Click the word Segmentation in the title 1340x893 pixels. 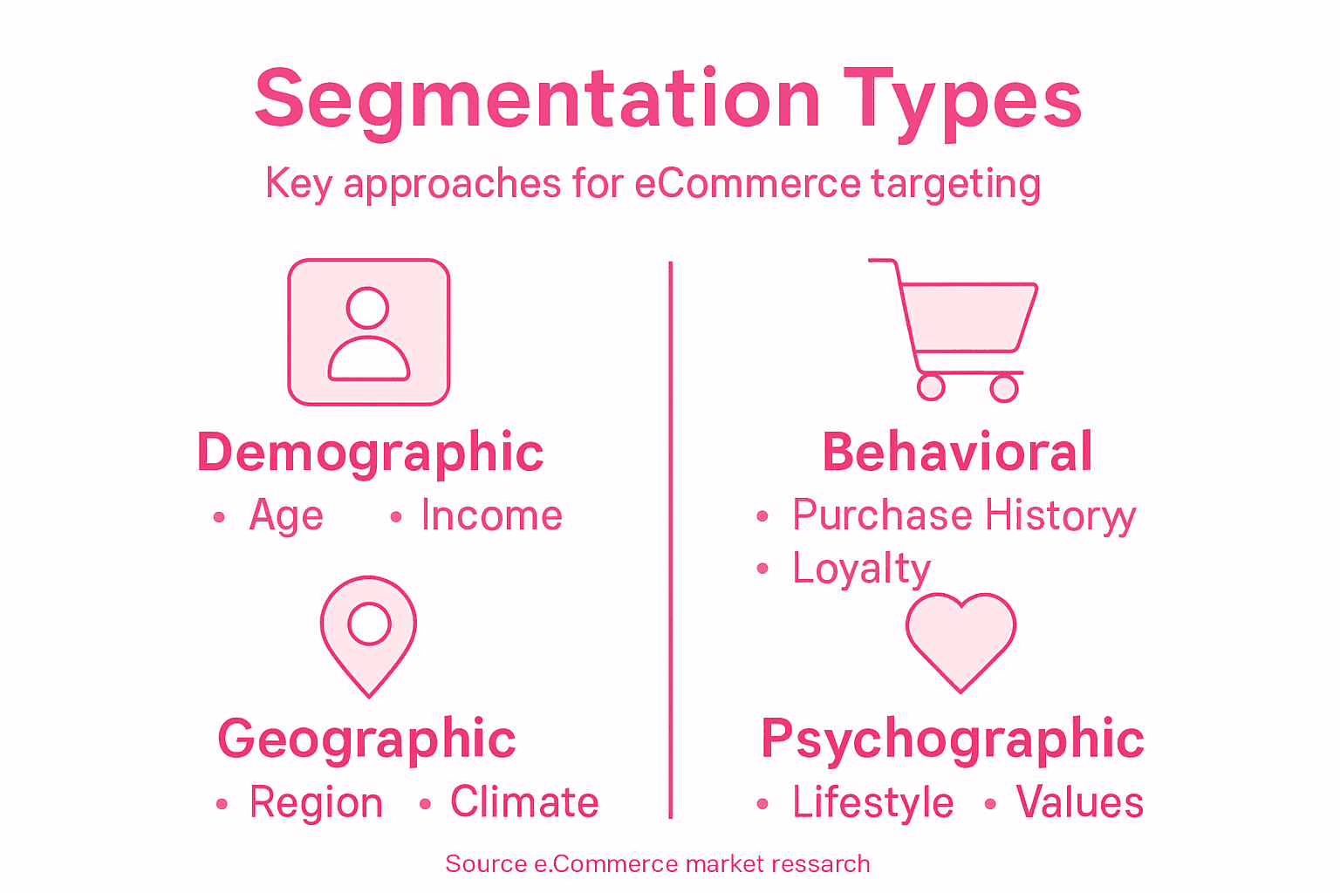tap(537, 99)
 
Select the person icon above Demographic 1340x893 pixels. tap(369, 332)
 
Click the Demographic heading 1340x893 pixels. tap(371, 453)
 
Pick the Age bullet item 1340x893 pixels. tap(286, 516)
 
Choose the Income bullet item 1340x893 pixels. tap(491, 516)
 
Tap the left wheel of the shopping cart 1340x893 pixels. tap(931, 386)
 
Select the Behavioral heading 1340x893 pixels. tap(957, 453)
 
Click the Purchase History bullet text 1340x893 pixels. tap(963, 516)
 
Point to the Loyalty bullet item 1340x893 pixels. tap(861, 569)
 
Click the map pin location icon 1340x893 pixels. tap(369, 634)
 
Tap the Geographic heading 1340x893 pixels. tap(366, 740)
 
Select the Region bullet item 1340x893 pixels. tap(316, 802)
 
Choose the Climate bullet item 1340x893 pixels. tap(524, 802)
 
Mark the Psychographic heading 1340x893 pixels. tap(952, 740)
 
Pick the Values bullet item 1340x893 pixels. tap(1079, 802)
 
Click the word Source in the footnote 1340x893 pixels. tap(486, 864)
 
